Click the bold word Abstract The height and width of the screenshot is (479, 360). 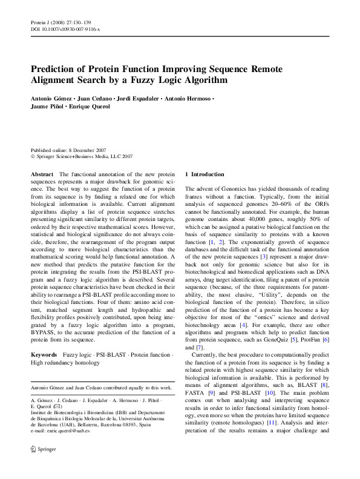pos(42,174)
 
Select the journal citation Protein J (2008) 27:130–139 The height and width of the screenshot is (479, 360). pos(61,22)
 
